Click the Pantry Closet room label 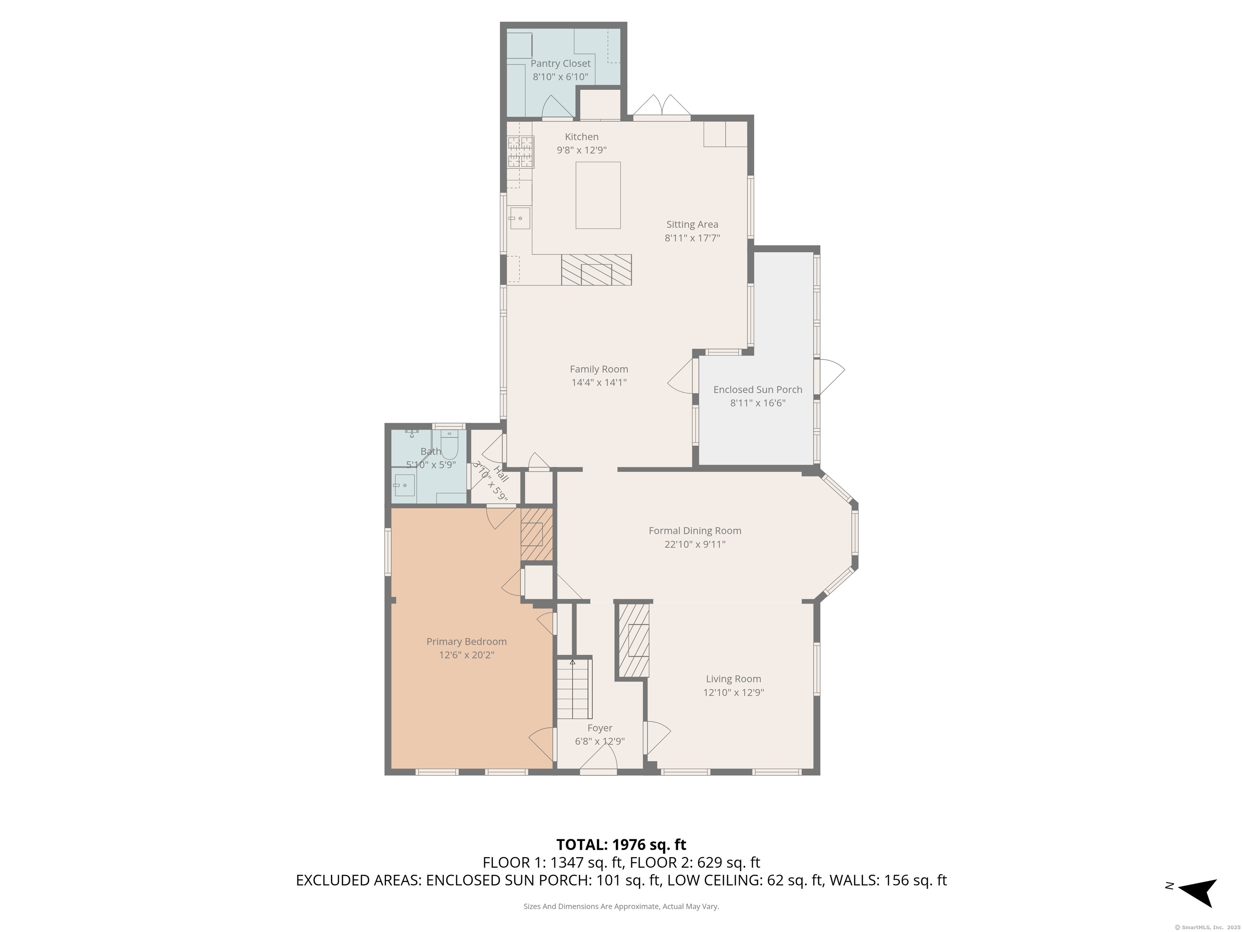[560, 64]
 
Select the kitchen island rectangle [598, 195]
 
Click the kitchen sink [520, 218]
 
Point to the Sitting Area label [692, 224]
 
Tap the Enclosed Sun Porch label [757, 389]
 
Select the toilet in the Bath [450, 445]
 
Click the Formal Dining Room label [695, 530]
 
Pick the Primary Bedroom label [467, 642]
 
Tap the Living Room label [733, 679]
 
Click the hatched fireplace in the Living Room [634, 640]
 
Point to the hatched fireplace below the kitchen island [596, 270]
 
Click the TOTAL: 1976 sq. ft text [621, 844]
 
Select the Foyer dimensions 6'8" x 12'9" [600, 741]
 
